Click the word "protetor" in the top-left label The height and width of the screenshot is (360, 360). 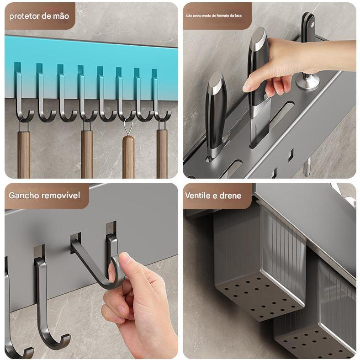(25, 16)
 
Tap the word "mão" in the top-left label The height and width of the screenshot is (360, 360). (61, 16)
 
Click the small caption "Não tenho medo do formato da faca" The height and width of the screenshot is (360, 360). (214, 16)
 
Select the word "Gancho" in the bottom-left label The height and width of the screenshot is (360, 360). (24, 196)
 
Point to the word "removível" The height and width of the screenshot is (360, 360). (61, 196)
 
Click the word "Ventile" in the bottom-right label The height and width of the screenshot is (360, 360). (198, 196)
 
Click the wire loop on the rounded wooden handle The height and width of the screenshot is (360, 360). (128, 127)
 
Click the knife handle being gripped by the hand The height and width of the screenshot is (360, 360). (258, 67)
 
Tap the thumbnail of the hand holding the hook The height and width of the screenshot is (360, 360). (123, 259)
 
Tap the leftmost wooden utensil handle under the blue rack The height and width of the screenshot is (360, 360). (24, 154)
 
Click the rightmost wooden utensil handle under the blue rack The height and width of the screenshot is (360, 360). (162, 154)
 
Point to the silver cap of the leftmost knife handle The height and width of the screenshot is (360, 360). (216, 81)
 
